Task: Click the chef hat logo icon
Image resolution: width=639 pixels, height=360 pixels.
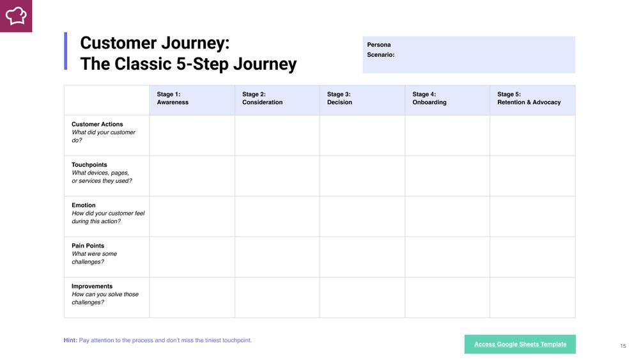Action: tap(16, 16)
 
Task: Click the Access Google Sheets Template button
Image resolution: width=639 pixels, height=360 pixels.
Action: tap(520, 344)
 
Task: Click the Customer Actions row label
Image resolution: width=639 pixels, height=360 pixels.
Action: tap(97, 124)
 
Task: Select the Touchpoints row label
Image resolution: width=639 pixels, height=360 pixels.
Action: tap(89, 165)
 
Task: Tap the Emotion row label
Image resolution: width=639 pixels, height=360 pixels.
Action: tap(84, 205)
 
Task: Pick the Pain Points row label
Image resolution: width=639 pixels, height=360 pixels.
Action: tap(88, 246)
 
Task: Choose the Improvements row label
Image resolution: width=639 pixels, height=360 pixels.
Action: tap(91, 286)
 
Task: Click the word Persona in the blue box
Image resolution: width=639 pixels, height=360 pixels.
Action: tap(378, 45)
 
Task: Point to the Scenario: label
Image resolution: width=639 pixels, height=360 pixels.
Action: tap(381, 54)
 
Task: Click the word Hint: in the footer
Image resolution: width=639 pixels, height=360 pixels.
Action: tap(70, 340)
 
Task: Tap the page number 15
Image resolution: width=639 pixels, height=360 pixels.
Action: tap(622, 346)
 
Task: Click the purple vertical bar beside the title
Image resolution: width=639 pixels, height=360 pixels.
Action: tap(66, 51)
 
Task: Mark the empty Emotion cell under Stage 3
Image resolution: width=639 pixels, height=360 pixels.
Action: tap(362, 217)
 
